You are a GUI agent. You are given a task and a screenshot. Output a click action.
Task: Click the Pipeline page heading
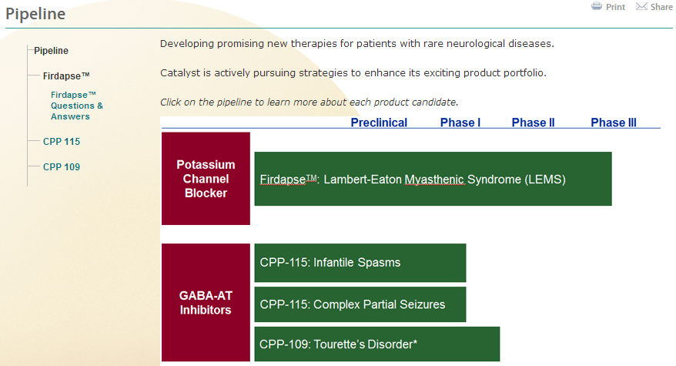point(35,14)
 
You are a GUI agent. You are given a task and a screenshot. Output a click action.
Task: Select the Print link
point(615,7)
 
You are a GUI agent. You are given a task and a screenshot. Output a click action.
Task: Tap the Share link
point(661,7)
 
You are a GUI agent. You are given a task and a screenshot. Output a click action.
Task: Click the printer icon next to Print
point(597,6)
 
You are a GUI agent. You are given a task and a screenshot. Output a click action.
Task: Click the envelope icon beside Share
point(641,6)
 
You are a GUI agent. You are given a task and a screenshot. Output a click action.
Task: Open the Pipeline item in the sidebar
point(52,51)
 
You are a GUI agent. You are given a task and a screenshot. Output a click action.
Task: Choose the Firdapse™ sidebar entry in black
point(66,76)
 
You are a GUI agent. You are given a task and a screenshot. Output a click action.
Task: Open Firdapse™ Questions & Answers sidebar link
point(77,106)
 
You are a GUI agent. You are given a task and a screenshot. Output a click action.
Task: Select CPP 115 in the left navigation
point(62,142)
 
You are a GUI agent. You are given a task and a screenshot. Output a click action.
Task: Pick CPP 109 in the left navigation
point(62,167)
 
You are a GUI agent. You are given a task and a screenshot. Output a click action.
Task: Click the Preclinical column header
point(379,123)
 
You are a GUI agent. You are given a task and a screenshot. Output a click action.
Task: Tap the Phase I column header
point(460,123)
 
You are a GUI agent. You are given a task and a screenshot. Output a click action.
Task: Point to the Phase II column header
point(534,123)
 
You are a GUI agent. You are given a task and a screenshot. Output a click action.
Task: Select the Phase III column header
point(614,123)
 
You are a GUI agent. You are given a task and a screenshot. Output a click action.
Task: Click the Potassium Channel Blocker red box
point(206,179)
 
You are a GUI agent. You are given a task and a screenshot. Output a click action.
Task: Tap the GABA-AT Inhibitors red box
point(206,303)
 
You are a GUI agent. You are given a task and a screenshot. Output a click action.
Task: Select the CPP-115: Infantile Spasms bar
point(360,263)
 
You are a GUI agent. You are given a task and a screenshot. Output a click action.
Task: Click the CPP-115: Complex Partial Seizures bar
point(360,304)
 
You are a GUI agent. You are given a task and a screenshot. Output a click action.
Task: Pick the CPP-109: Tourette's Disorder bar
point(377,344)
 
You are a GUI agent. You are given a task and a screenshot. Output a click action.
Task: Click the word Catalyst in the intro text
point(180,73)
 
